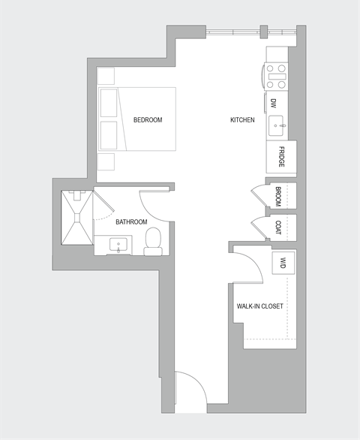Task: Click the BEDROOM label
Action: click(148, 120)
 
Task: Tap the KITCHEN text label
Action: click(242, 120)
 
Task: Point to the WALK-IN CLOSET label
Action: click(259, 306)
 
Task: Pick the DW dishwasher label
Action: click(274, 104)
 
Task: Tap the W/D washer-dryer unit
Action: click(283, 264)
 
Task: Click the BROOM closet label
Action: click(278, 196)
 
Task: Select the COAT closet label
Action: click(278, 227)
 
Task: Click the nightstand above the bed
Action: click(106, 76)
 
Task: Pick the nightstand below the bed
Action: click(106, 163)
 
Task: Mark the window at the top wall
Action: click(232, 31)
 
